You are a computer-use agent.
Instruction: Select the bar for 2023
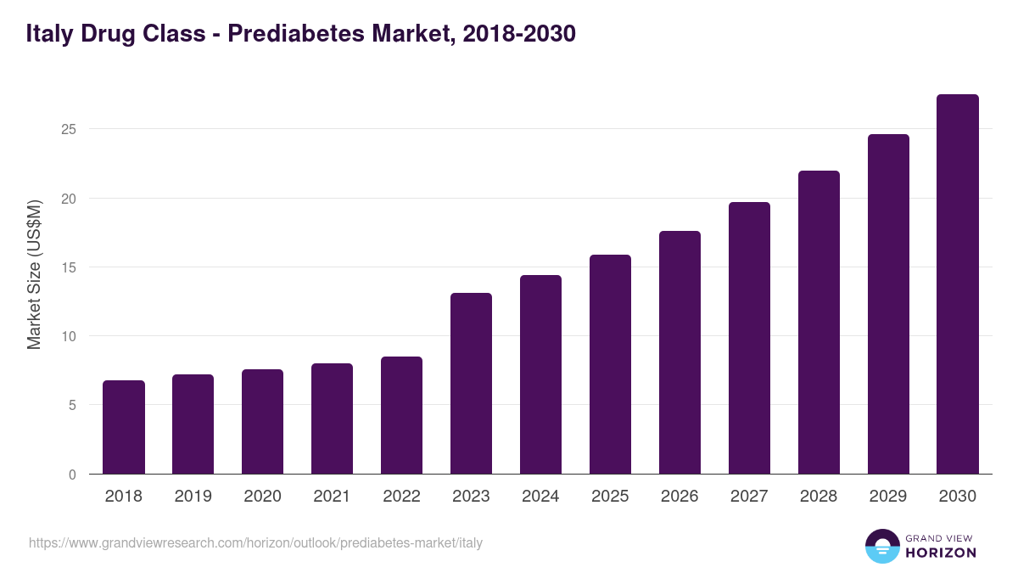(x=471, y=384)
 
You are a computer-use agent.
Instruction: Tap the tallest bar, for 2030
(x=958, y=284)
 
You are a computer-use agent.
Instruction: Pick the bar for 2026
(x=680, y=352)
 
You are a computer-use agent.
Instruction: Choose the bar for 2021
(x=332, y=419)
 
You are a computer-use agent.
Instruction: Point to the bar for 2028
(x=819, y=323)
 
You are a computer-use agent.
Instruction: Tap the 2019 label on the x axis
(x=193, y=497)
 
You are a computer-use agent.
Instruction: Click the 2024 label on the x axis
(x=540, y=497)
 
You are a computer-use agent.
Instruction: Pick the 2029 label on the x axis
(x=888, y=497)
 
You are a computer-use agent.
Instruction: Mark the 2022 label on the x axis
(x=401, y=497)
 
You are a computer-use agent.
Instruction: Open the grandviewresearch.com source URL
(x=255, y=542)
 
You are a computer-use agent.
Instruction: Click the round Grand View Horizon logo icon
(x=882, y=546)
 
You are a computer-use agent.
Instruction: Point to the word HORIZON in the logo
(x=941, y=553)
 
